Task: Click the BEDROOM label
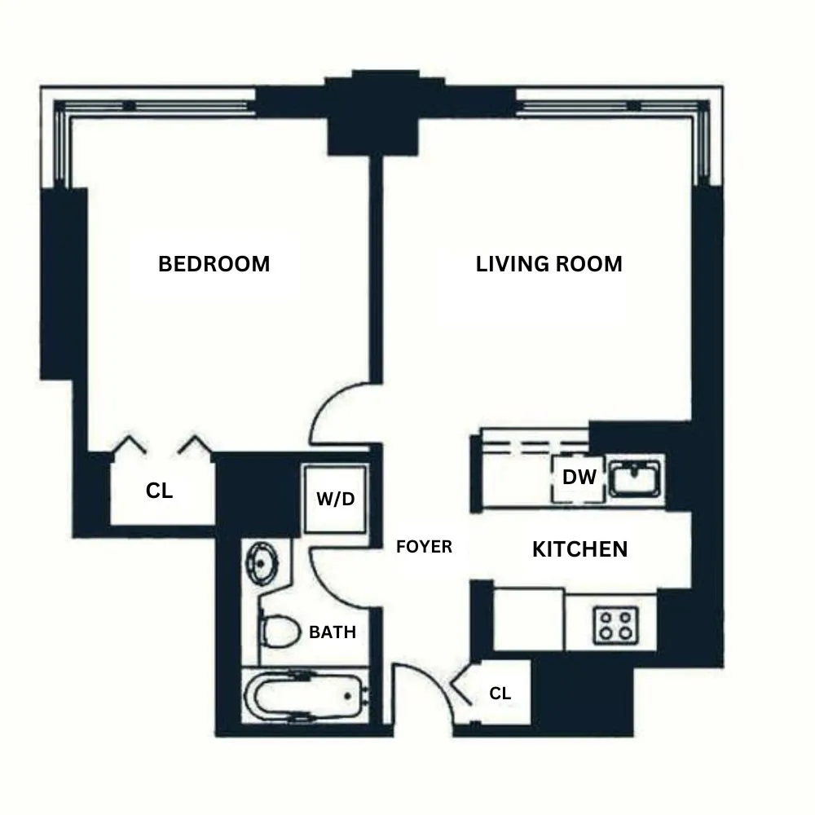pos(214,264)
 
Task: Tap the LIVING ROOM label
pos(548,264)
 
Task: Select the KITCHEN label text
pos(579,549)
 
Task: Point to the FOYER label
pos(424,547)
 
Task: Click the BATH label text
pos(333,632)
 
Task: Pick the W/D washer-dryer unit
pos(336,499)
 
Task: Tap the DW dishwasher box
pos(579,478)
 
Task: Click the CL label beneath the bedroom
pos(159,491)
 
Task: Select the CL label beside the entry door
pos(500,694)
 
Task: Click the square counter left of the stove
pos(529,619)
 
